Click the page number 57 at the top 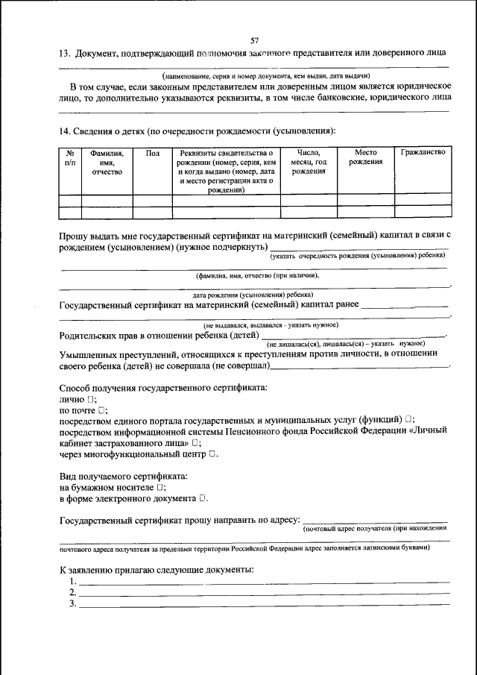coord(255,40)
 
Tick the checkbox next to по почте coord(102,409)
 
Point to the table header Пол coord(153,153)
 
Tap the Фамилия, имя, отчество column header coord(107,163)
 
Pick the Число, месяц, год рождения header coord(309,162)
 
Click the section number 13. coord(64,54)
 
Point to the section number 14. coord(64,131)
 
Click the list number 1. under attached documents coord(72,581)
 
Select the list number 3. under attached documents coord(72,603)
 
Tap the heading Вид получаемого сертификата coord(123,475)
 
